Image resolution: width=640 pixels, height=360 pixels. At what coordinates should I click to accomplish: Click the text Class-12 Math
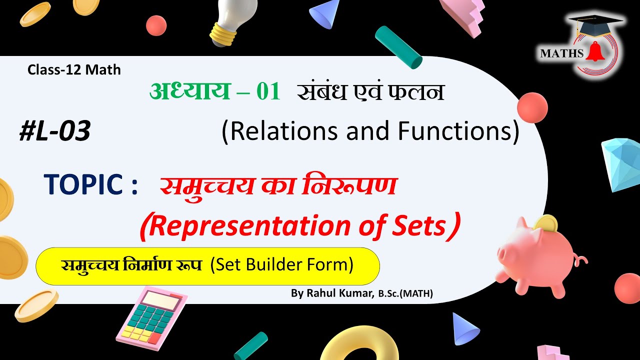tap(74, 70)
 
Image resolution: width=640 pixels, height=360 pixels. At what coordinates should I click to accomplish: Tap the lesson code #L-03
tap(54, 132)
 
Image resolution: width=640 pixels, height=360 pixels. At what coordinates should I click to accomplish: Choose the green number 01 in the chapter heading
tap(267, 92)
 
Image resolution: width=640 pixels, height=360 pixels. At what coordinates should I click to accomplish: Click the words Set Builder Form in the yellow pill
tap(282, 265)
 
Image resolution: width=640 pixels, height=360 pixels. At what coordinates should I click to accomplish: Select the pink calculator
tap(151, 318)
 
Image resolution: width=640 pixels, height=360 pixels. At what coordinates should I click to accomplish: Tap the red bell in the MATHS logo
tap(594, 52)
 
